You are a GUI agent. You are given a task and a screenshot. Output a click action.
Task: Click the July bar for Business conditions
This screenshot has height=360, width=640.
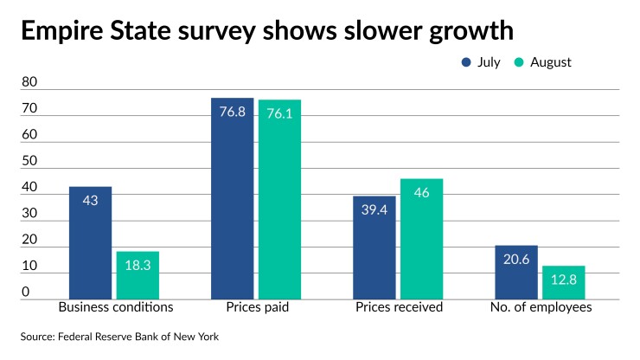[90, 242]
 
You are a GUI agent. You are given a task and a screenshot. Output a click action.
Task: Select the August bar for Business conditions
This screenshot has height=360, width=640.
[138, 275]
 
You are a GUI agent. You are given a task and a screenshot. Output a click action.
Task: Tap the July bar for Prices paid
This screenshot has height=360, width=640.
[233, 198]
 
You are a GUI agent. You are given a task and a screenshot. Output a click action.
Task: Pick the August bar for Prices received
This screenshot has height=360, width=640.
[422, 239]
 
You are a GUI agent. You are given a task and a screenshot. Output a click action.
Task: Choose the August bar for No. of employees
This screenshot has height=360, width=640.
[564, 282]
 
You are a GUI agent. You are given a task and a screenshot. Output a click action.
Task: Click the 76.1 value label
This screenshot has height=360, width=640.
[279, 113]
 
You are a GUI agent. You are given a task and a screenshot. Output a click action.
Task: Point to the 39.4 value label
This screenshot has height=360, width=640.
[374, 209]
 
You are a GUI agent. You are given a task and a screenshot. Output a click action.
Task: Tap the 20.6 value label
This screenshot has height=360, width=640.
[516, 259]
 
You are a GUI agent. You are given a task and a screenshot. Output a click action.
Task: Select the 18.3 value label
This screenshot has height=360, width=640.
[138, 265]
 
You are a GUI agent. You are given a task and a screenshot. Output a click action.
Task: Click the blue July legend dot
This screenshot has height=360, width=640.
[466, 62]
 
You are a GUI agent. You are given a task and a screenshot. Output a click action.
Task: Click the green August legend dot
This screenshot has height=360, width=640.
[519, 62]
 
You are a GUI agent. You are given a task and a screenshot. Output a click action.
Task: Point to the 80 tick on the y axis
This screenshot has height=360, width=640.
[29, 81]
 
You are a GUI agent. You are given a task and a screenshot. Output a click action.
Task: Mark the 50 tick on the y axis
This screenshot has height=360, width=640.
[29, 161]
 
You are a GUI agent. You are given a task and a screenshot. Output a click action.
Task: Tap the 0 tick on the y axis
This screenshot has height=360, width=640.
[26, 292]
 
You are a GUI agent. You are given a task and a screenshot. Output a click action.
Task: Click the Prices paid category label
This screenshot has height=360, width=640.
[258, 307]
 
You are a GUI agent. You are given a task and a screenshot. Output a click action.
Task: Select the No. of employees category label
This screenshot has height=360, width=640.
[541, 307]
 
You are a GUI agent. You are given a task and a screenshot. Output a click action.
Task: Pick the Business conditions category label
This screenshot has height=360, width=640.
[116, 307]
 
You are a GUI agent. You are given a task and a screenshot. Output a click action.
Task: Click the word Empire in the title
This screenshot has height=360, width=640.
[62, 31]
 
